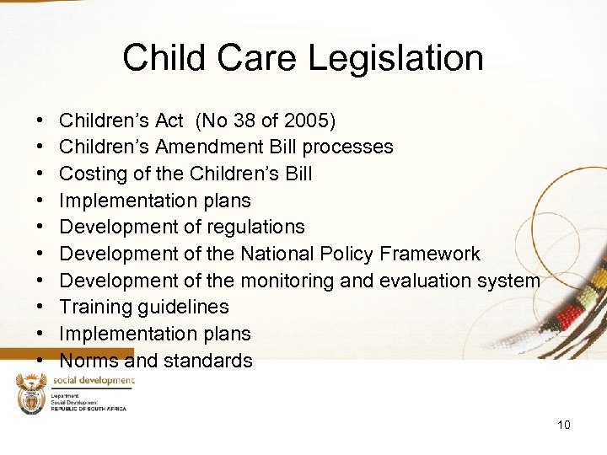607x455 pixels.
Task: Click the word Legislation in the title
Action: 395,58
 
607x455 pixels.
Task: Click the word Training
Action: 95,307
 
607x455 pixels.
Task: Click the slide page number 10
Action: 563,425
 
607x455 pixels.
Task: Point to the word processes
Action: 347,147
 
